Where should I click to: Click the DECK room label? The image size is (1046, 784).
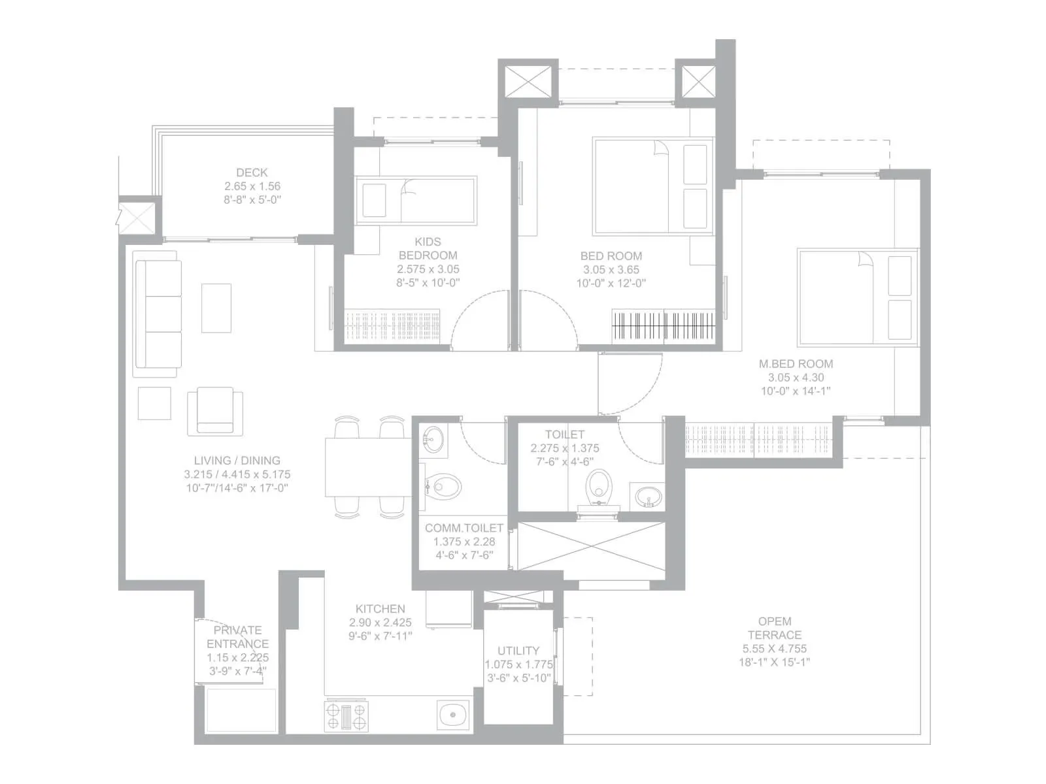coord(252,172)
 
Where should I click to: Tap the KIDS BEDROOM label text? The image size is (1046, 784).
coord(428,248)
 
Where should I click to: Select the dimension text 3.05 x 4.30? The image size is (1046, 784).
coord(796,378)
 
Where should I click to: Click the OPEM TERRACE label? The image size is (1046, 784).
coord(774,628)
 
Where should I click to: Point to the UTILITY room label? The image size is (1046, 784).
coord(518,651)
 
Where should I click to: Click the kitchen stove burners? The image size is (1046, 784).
coord(346,715)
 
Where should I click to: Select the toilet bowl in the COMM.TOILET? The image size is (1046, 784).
coord(445,487)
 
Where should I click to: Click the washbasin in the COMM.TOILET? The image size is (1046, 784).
coord(432,438)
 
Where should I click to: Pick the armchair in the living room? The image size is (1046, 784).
coord(215,411)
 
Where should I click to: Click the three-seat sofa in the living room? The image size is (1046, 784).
coord(158,314)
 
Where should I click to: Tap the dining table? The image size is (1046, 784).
coord(368,468)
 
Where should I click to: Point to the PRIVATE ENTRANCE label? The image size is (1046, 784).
coord(237,637)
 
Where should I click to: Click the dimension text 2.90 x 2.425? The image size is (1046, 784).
coord(380,623)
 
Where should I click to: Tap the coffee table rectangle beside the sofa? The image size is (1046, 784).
coord(216,308)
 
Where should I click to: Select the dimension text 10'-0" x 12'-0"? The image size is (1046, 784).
coord(611,284)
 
